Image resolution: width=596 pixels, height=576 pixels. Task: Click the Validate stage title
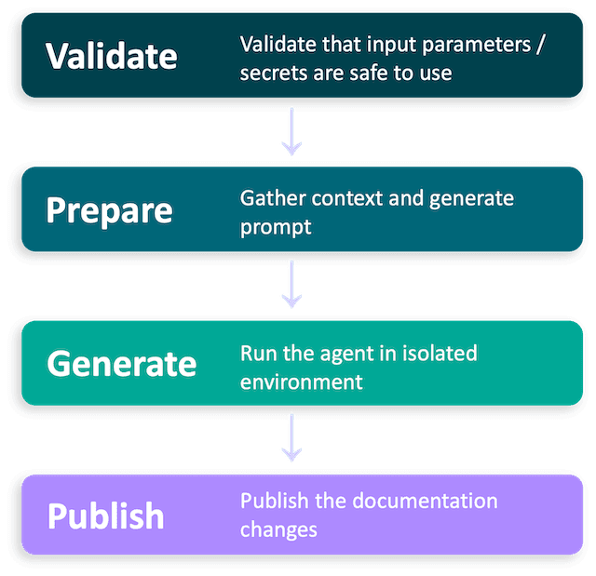[x=112, y=56]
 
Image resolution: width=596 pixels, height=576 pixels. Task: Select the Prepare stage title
[x=110, y=210]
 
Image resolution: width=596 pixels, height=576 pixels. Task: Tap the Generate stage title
[x=122, y=364]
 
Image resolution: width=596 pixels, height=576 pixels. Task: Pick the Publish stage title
[x=105, y=516]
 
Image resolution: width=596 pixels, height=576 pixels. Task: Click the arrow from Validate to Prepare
[x=292, y=133]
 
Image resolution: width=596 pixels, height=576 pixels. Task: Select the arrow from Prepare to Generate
[x=292, y=287]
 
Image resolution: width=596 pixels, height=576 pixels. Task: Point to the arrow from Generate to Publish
[x=292, y=440]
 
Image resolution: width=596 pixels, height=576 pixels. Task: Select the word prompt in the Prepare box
[x=276, y=227]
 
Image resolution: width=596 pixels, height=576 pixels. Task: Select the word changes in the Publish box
[x=278, y=529]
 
